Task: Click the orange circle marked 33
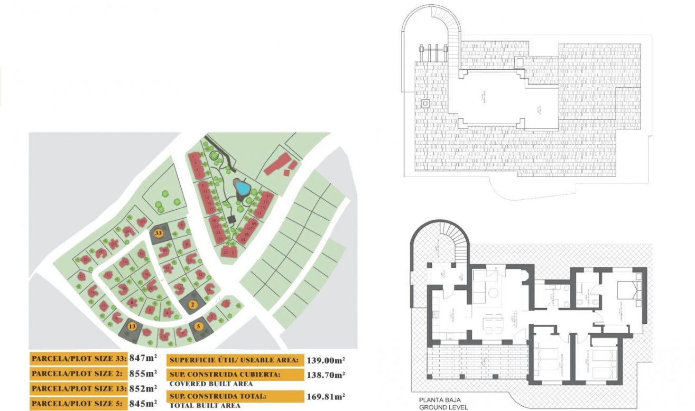[157, 232]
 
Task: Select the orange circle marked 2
[193, 304]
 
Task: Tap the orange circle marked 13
[132, 326]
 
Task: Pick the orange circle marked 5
[199, 326]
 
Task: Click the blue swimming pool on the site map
[242, 188]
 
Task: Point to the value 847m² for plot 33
[143, 358]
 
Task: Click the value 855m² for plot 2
[143, 373]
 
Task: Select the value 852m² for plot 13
[143, 388]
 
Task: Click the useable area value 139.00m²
[326, 360]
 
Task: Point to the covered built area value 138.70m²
[326, 375]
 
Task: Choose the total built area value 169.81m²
[326, 396]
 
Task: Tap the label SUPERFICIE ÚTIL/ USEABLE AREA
[234, 361]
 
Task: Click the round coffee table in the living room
[492, 292]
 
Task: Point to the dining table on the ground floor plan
[494, 323]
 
